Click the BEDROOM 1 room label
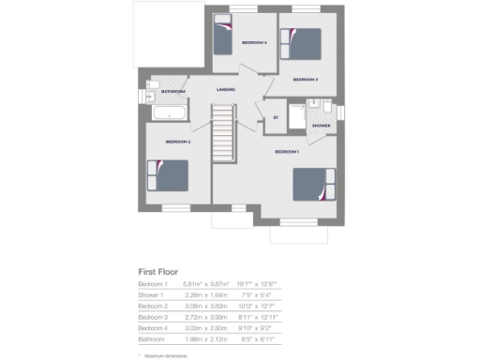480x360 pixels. (286, 151)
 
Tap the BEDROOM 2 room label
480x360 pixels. (178, 142)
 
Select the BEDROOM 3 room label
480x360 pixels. (306, 80)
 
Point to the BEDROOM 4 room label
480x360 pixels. (254, 43)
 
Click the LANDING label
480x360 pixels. (225, 89)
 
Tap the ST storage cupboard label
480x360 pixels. (276, 117)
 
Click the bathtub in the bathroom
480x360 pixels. (168, 112)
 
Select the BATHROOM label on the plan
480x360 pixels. (173, 92)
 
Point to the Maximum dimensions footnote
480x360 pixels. (168, 354)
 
